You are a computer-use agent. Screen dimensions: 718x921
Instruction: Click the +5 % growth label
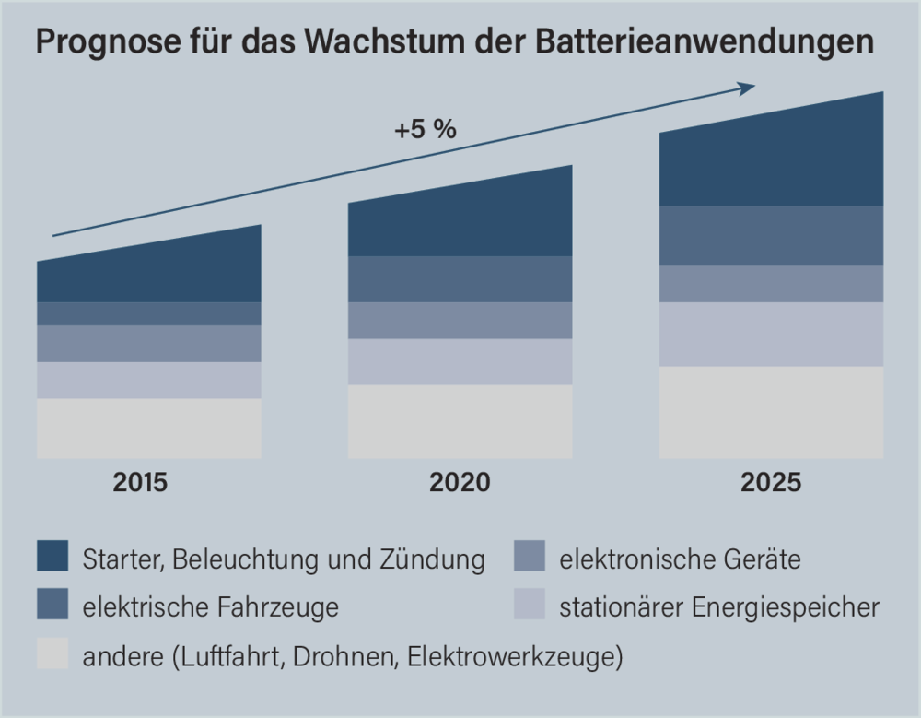click(426, 130)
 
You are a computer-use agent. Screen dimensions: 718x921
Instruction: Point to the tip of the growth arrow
click(754, 86)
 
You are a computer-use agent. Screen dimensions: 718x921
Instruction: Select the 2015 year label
click(141, 482)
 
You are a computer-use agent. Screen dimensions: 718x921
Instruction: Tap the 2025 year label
click(771, 482)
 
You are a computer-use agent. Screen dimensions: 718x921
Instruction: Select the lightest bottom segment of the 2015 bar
click(149, 429)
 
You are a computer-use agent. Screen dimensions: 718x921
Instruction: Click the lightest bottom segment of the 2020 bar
click(460, 421)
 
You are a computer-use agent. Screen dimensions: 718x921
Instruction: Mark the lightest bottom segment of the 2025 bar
click(771, 412)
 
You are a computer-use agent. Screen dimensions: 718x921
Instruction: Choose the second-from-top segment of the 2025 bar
click(771, 236)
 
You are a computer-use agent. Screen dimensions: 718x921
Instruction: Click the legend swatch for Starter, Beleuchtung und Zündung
click(52, 558)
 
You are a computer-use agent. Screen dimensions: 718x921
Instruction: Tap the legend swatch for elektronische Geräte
click(530, 558)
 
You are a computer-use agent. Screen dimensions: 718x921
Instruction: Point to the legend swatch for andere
click(52, 656)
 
